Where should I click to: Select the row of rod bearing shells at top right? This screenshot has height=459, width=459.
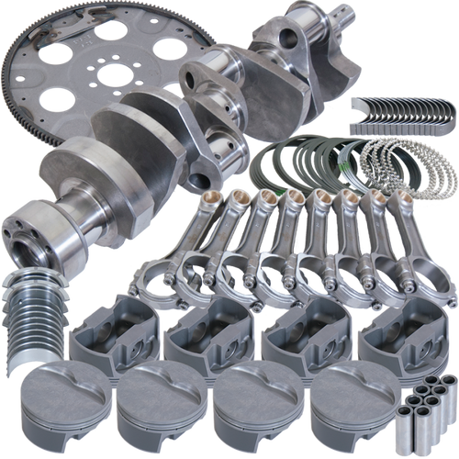pyautogui.click(x=404, y=109)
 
